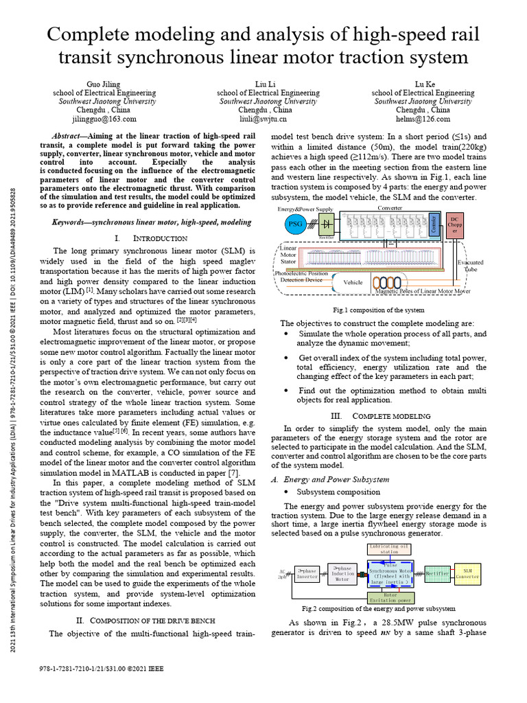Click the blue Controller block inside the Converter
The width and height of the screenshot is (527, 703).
point(433,224)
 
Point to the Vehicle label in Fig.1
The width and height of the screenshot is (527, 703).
point(353,282)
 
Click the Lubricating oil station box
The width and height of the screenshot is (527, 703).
point(389,548)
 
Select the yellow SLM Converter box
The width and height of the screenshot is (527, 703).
point(467,573)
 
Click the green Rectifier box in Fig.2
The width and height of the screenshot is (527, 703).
point(437,573)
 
